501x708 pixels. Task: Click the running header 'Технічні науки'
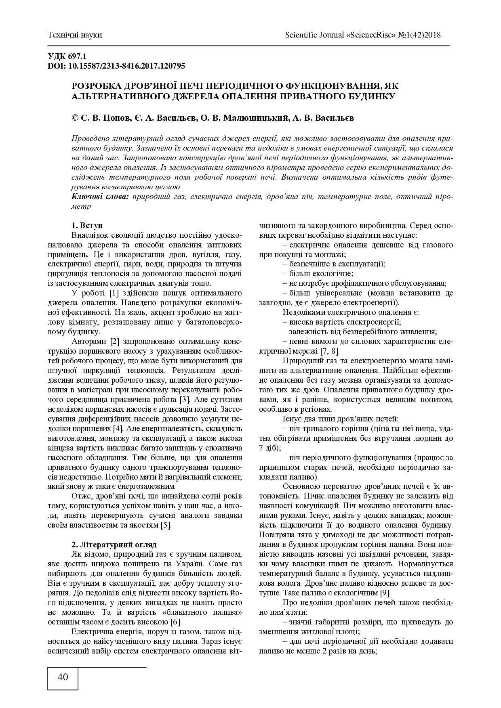point(75,35)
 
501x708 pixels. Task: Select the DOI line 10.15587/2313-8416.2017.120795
point(116,66)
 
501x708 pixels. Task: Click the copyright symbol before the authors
point(75,118)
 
